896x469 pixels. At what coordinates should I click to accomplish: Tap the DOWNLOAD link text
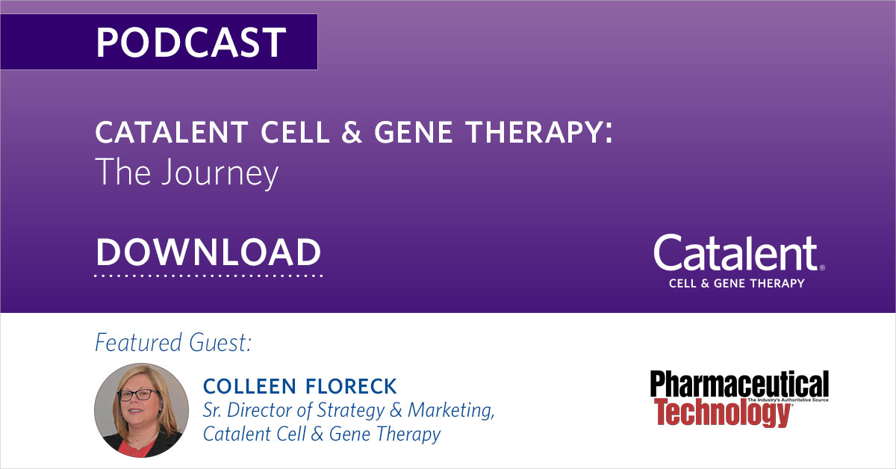[208, 252]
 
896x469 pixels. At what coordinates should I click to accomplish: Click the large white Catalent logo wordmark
[735, 254]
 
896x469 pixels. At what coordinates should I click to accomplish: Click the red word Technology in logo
[721, 411]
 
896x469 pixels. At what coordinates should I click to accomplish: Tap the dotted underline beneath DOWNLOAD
[208, 276]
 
